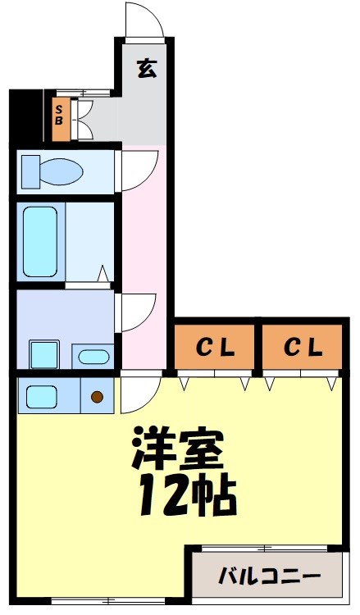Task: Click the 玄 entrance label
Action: click(x=146, y=69)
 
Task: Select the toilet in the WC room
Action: click(x=53, y=171)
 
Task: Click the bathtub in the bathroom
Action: click(x=40, y=241)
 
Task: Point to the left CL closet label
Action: click(x=215, y=348)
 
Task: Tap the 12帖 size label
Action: click(x=187, y=493)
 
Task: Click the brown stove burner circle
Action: click(x=98, y=398)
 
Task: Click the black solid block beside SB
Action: click(x=25, y=115)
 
